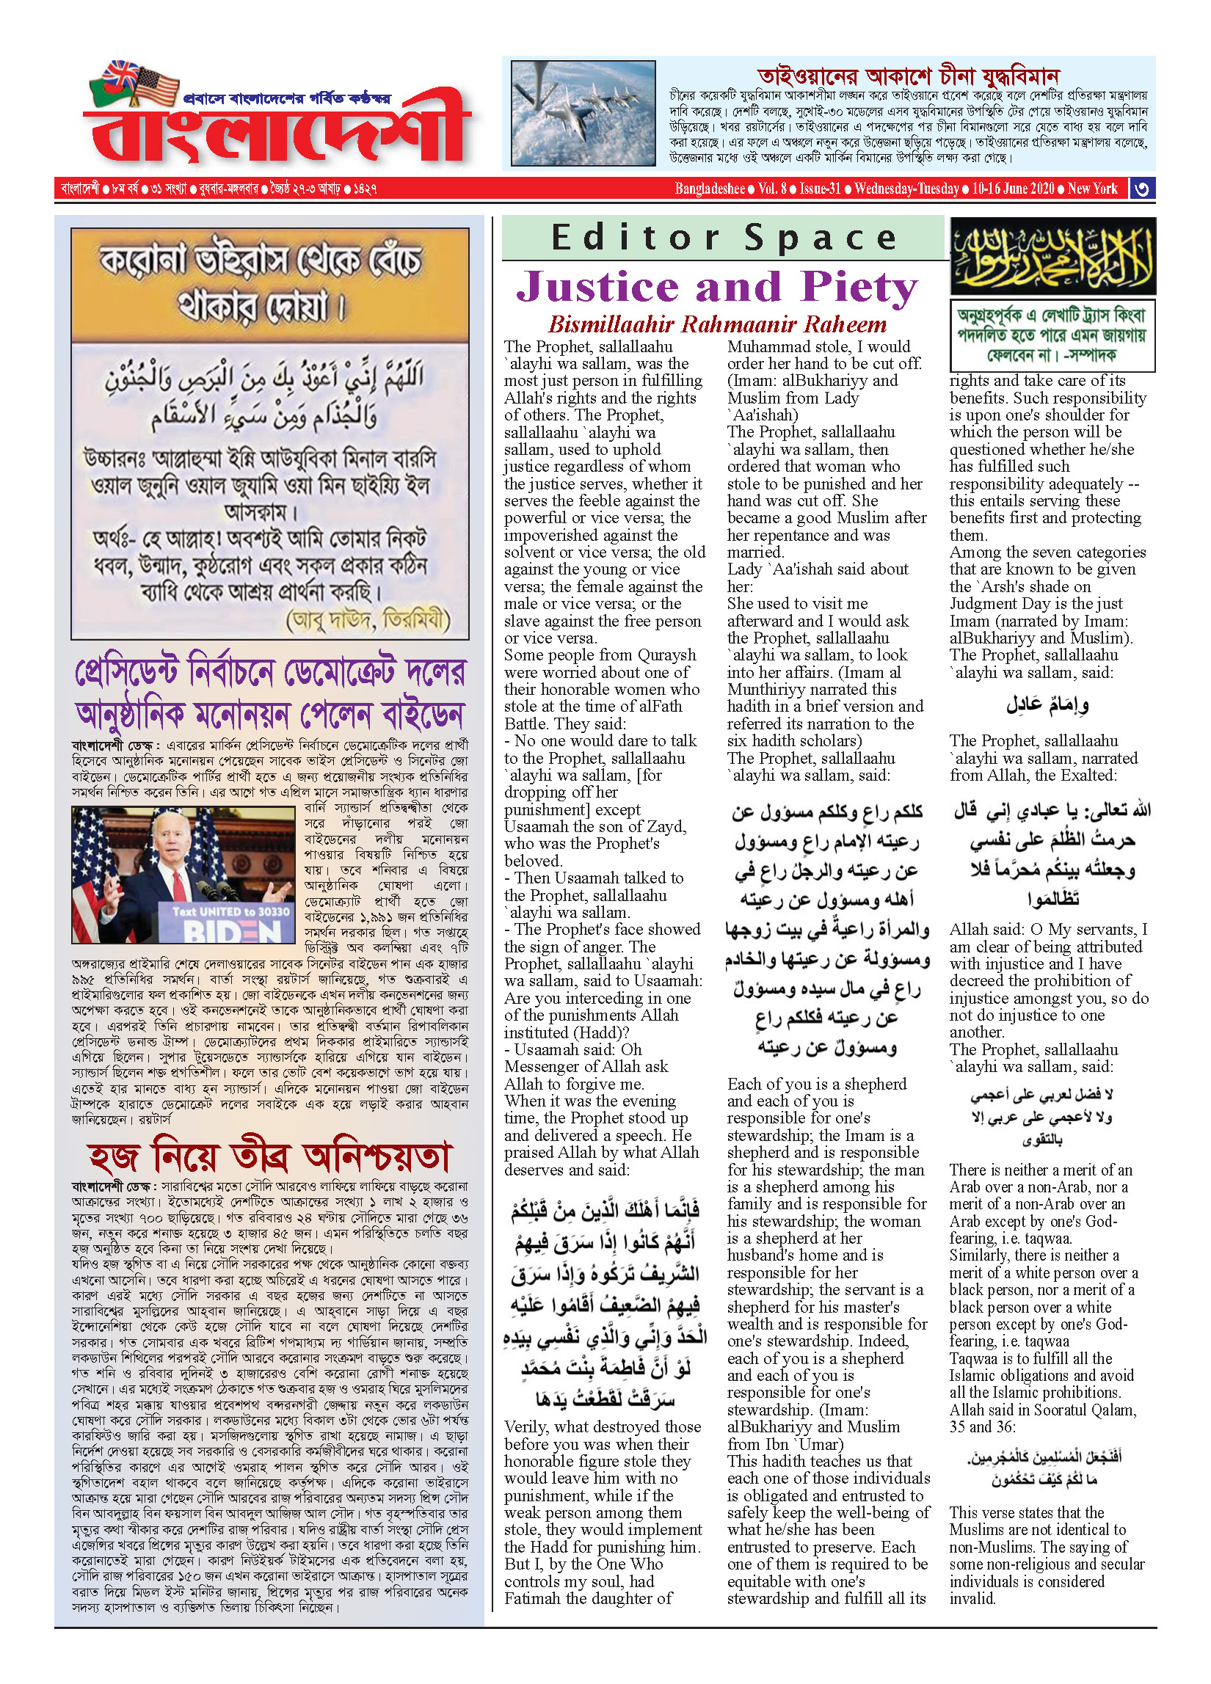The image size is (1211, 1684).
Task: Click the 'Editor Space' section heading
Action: (723, 238)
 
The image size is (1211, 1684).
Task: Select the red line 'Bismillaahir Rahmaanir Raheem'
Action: (716, 324)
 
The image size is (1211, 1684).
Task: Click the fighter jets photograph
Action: (583, 113)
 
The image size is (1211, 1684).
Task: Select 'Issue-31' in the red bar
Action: (820, 189)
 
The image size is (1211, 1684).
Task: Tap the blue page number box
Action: (1142, 189)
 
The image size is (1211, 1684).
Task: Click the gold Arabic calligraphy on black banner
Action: (1052, 256)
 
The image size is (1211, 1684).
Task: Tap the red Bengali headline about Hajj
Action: (269, 1157)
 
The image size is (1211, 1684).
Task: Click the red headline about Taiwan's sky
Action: (907, 76)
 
